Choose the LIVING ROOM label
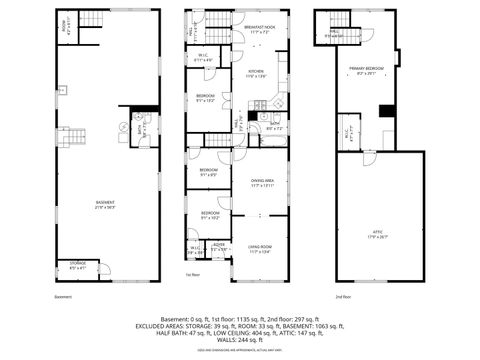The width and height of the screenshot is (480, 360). [260, 249]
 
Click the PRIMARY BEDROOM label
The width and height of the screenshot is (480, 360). [365, 71]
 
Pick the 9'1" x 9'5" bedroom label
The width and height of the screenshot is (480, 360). [208, 172]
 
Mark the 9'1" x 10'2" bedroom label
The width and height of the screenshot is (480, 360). [210, 216]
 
